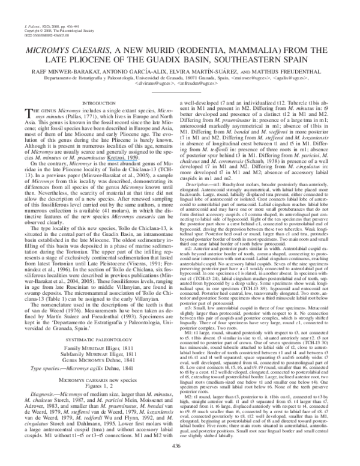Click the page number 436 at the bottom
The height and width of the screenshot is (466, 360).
pos(180,446)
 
